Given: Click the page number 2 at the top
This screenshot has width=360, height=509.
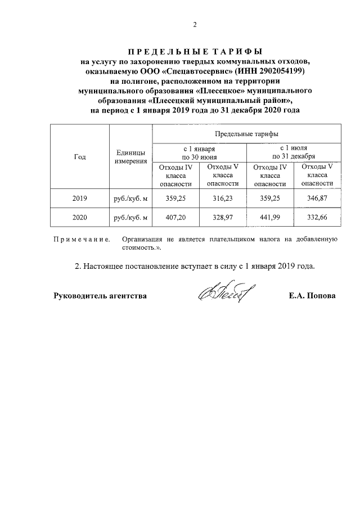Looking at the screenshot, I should point(195,24).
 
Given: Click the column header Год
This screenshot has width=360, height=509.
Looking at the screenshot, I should point(80,157).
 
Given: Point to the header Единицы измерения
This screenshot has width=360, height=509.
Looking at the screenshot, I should point(130,157).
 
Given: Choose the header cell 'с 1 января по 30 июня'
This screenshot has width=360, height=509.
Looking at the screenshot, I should point(199,152).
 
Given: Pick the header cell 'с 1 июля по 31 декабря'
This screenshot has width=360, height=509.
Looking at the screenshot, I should point(294,152).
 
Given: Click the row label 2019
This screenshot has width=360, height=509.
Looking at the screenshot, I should point(80,199).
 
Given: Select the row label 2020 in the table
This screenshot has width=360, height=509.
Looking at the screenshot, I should point(80,218).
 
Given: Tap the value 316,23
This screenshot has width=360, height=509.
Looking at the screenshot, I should point(223,199).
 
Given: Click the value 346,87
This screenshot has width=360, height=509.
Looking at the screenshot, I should point(317,199).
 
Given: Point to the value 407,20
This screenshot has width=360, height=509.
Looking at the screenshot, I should point(175,218).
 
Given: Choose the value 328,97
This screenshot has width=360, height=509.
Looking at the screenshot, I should point(223,218).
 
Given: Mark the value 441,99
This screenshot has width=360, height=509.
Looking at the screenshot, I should point(270,218).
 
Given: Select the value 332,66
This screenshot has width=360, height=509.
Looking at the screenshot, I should point(317,218).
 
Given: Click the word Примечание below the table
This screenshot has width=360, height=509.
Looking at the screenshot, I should point(81,240).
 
